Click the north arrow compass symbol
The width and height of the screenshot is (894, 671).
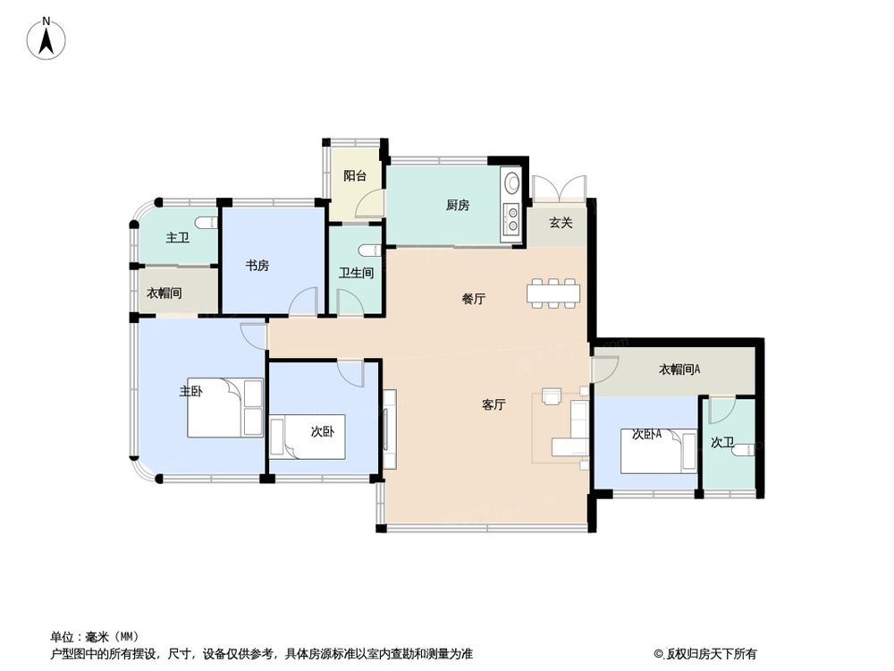[x=46, y=39]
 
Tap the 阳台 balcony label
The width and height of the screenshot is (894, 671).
[x=355, y=175]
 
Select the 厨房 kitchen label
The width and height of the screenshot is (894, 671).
[x=457, y=205]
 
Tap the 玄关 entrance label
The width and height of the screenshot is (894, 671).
[x=561, y=223]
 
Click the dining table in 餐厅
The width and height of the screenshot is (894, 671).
[x=553, y=293]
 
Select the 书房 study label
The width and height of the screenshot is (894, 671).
[x=257, y=266]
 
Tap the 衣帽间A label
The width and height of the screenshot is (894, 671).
[x=679, y=369]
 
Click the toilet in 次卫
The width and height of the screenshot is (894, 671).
[x=744, y=450]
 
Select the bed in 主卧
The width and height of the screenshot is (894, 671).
[x=226, y=407]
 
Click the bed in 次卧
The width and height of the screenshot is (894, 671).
[x=308, y=437]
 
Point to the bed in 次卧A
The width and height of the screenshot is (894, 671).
[x=659, y=451]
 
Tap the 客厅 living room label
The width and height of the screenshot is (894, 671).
[x=493, y=405]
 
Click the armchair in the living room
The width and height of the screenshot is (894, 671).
[x=552, y=396]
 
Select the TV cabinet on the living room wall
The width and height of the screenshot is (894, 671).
[x=390, y=429]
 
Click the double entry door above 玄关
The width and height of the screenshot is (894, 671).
[x=559, y=188]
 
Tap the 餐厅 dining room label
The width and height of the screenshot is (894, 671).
[x=473, y=299]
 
